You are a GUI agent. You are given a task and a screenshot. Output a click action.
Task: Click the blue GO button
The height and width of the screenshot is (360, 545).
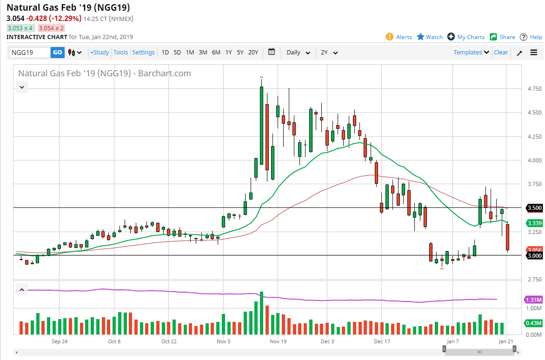(x=57, y=53)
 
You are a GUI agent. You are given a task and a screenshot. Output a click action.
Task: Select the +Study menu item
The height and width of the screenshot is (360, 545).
(x=100, y=53)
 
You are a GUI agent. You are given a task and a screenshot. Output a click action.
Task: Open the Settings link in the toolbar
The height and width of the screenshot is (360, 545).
(x=143, y=53)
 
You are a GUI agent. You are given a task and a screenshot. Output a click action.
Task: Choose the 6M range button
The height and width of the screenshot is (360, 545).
(x=216, y=53)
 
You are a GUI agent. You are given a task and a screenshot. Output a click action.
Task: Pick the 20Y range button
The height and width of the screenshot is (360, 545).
(x=253, y=53)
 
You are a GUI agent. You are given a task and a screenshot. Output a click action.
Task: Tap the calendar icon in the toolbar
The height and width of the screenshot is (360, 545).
(x=272, y=52)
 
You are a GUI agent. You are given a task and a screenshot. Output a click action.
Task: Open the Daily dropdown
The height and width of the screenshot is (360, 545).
(x=298, y=53)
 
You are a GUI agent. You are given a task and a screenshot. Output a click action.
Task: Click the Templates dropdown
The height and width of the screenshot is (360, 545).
(x=471, y=53)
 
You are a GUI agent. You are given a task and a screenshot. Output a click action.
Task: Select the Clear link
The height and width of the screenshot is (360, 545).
(x=501, y=53)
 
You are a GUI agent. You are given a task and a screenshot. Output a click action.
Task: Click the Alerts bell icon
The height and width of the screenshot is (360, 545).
(x=390, y=37)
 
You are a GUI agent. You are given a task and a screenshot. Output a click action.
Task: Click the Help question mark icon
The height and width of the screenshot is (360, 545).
(x=524, y=37)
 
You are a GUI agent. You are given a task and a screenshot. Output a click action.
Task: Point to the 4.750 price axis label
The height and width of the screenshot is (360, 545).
(x=531, y=89)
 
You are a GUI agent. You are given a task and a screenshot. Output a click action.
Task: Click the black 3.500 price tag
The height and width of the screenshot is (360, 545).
(x=534, y=208)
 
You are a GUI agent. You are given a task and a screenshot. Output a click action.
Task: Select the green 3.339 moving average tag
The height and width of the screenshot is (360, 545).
(x=534, y=223)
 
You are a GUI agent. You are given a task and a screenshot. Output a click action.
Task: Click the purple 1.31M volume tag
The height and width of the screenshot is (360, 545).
(x=533, y=300)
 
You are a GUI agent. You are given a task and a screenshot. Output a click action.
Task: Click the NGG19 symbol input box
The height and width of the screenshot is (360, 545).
(x=30, y=53)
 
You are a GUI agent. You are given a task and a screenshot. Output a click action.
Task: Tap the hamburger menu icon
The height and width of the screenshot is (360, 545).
(x=533, y=53)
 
